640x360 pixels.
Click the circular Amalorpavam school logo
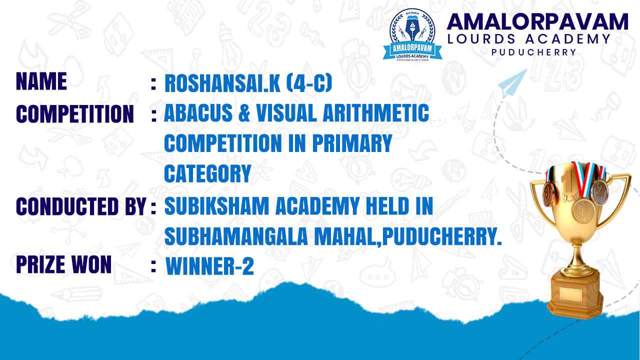tap(412, 35)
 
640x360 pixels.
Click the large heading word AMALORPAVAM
tap(537, 22)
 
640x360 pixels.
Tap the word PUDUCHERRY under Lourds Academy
tap(533, 52)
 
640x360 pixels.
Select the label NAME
tap(41, 81)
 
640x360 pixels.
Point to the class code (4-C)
tap(309, 83)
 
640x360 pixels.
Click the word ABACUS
tap(198, 113)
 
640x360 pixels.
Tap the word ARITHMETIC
tap(375, 113)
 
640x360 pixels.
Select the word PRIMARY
tap(352, 143)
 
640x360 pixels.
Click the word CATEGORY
tap(207, 173)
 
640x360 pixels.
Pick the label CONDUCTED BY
tap(81, 206)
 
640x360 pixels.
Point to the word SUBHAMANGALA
tap(236, 236)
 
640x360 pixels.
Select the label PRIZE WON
tap(63, 264)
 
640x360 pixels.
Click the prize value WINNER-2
tap(209, 266)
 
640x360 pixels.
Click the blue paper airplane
tap(513, 83)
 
